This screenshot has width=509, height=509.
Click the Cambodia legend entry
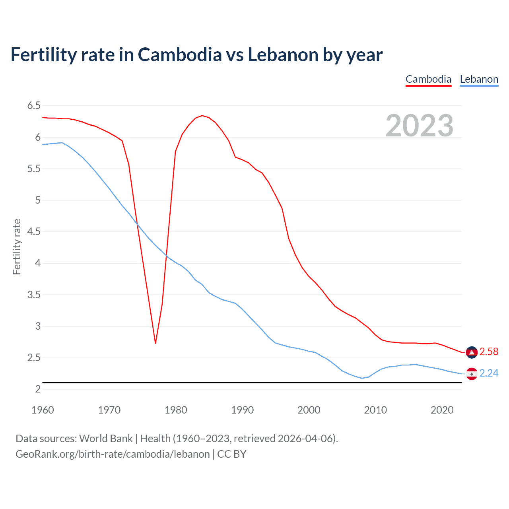point(428,79)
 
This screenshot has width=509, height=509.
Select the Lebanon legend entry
point(479,79)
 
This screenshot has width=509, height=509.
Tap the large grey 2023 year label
point(420,126)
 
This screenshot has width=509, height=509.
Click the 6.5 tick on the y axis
point(34,106)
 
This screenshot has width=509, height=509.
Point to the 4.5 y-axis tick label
point(34,232)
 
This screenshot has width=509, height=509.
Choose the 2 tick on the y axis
point(38,389)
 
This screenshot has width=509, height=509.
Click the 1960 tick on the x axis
point(43,410)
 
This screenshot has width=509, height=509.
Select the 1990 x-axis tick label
point(242,410)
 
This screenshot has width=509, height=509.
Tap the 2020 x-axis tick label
point(442,410)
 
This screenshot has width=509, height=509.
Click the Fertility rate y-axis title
point(17,247)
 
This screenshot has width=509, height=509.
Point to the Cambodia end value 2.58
point(489,352)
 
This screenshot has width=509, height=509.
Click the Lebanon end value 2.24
point(489,373)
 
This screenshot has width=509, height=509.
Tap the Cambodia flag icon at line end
point(472,352)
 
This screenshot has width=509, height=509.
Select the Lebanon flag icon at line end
point(472,374)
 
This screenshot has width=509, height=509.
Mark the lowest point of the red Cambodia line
point(155,343)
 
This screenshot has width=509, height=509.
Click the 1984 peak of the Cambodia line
point(202,115)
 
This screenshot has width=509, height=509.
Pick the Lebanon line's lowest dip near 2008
point(362,378)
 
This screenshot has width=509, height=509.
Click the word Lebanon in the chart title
point(283,55)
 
